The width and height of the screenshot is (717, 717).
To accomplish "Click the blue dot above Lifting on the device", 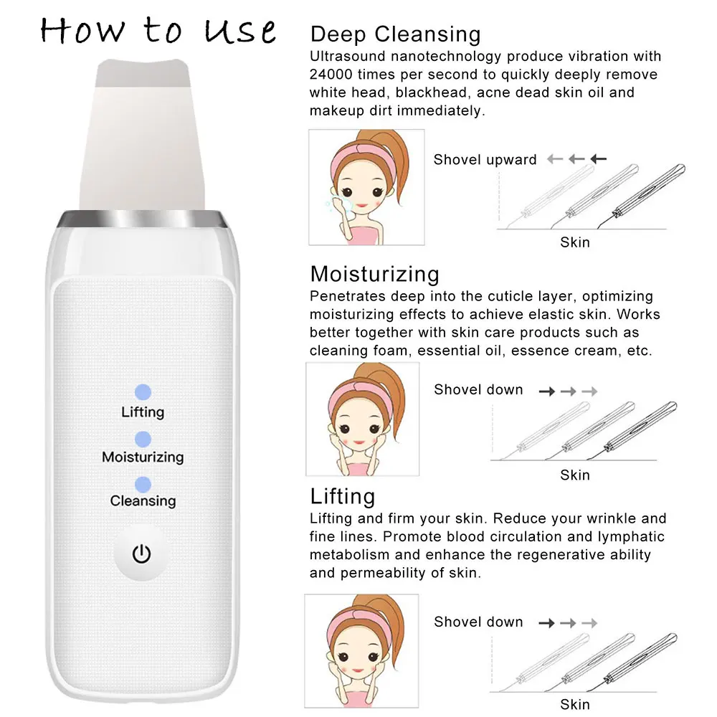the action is click(143, 392).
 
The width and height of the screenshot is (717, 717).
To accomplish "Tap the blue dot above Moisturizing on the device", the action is click(143, 439).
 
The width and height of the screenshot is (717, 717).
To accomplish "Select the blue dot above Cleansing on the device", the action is click(143, 484).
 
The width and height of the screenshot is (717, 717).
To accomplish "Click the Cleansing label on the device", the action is click(143, 500).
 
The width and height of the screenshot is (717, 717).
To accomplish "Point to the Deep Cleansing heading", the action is click(396, 34).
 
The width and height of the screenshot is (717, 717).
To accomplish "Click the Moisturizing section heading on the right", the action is click(374, 275).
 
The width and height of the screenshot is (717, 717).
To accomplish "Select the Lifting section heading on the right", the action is click(343, 497).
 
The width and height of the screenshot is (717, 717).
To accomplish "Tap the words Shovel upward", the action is click(485, 160).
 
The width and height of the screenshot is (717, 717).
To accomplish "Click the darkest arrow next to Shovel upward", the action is click(598, 158).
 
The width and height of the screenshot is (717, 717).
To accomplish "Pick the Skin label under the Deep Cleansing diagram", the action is click(575, 242).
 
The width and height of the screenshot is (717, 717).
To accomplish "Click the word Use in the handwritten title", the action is click(239, 31).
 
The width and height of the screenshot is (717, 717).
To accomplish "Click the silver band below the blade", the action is click(142, 219).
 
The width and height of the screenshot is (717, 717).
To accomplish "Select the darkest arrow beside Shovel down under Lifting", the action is click(546, 623).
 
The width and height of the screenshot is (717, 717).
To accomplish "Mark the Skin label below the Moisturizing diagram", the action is click(575, 475).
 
